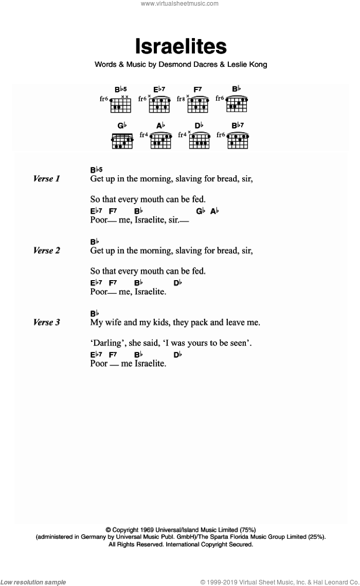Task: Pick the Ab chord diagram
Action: [160, 140]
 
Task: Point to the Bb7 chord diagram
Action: [237, 140]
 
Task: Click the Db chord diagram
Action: [199, 140]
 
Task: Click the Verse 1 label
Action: [47, 179]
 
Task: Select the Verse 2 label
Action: [47, 251]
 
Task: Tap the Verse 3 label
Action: [47, 323]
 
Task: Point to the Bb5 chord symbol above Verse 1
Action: [97, 170]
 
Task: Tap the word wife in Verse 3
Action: [114, 323]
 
